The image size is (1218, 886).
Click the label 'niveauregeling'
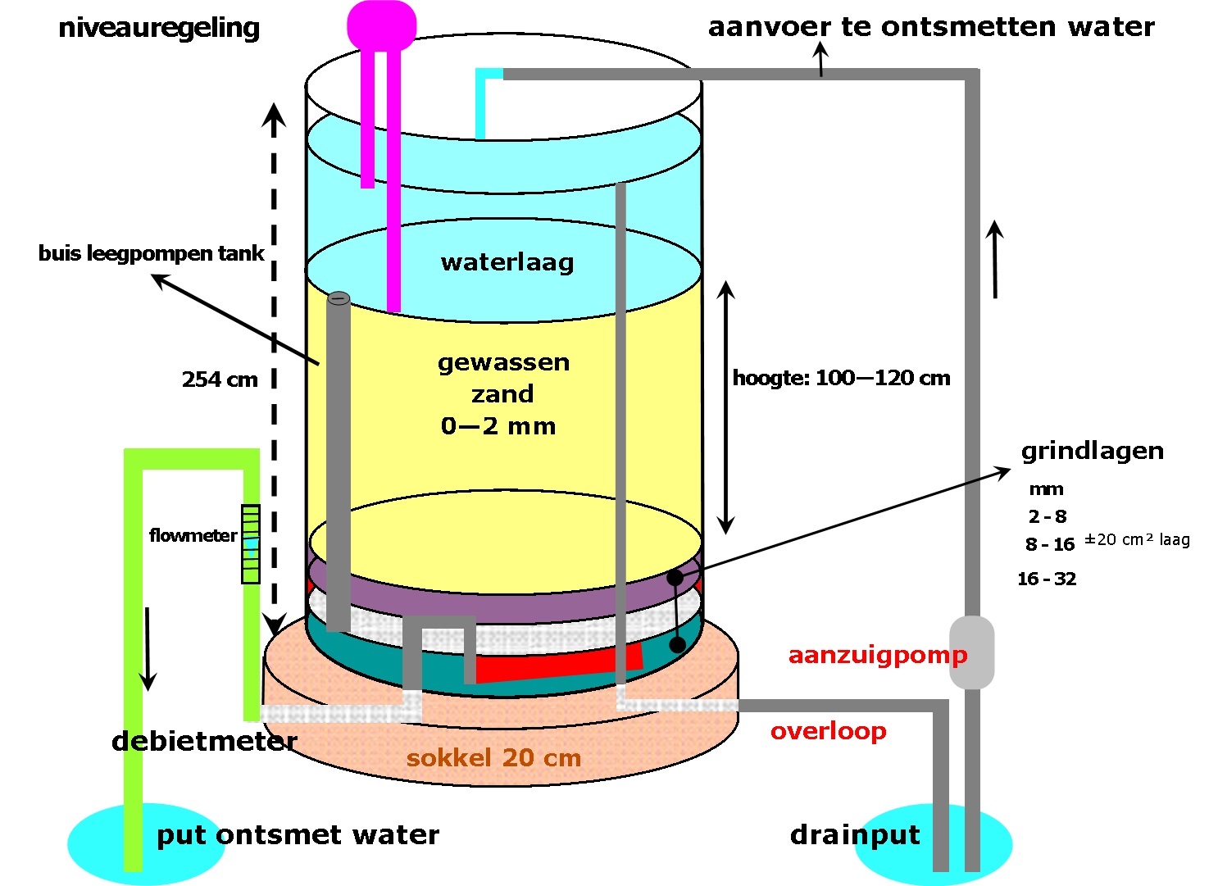coord(159,29)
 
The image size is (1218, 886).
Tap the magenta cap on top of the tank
coord(381,25)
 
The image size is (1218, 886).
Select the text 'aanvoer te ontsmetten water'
coord(931,27)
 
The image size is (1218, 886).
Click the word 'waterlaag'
coord(507,262)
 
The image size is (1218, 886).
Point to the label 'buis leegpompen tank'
coord(151,253)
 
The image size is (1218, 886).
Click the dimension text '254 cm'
coord(220,379)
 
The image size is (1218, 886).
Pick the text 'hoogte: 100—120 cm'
coord(841,378)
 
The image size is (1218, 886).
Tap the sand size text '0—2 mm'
coord(498,426)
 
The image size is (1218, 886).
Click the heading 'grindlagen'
coord(1092,451)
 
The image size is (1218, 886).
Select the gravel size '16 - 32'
coord(1047,579)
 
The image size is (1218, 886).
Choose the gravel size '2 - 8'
coord(1048,516)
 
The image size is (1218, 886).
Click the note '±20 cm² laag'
coord(1137,539)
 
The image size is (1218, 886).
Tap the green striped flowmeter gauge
coord(251,543)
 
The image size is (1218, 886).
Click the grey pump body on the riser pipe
coord(972,652)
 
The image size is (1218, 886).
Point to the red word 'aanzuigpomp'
coord(877,656)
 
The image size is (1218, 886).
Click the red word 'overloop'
coord(828,731)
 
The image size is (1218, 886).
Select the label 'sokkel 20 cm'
coord(493,757)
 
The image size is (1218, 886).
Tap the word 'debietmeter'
coord(204,741)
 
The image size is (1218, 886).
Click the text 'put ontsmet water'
coord(298,835)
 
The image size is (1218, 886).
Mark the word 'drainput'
coord(855,835)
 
